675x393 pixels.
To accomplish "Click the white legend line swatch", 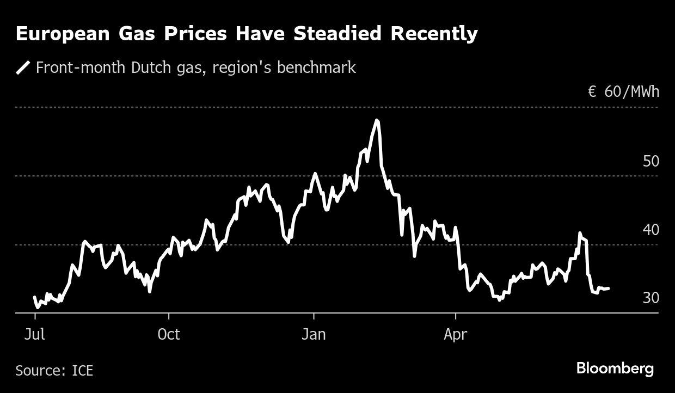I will click(x=23, y=68).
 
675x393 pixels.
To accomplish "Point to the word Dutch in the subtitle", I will click(x=158, y=67).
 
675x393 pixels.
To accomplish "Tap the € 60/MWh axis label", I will click(x=623, y=91).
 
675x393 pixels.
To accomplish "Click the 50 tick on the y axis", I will click(x=651, y=162).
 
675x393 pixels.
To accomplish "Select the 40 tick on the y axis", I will click(x=651, y=230).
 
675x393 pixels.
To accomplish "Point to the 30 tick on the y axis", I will click(x=651, y=298).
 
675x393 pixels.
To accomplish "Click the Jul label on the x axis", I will click(x=35, y=334).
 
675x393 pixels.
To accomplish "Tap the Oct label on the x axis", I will click(x=169, y=334).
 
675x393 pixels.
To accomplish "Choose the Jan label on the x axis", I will click(x=314, y=334).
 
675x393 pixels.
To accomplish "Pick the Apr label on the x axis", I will click(x=455, y=334).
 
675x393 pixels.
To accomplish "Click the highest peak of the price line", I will click(x=377, y=120).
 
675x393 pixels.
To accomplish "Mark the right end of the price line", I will click(x=608, y=288).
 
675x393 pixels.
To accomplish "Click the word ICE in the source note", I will click(x=82, y=371).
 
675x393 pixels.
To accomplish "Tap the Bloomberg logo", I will click(x=615, y=369).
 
